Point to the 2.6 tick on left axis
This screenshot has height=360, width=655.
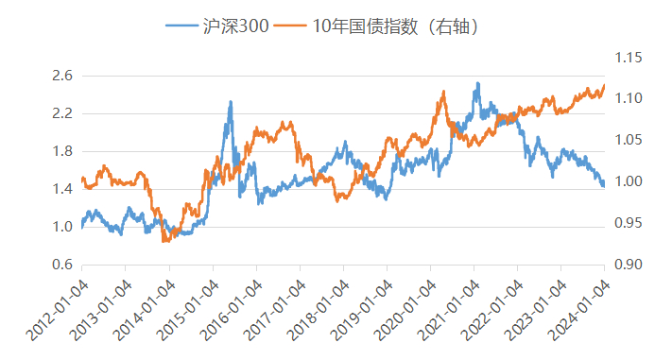(x=63, y=76)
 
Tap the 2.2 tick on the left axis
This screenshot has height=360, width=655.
(x=63, y=113)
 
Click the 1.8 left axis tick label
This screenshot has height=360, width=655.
(x=63, y=151)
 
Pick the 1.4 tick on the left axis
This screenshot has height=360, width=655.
(x=63, y=189)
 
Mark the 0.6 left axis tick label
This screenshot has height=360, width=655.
(x=63, y=265)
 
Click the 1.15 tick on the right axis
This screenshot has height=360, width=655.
(x=628, y=59)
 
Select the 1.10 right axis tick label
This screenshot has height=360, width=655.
(x=628, y=98)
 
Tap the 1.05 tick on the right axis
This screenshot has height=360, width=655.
(x=628, y=140)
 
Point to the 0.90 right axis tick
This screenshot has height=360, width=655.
(x=628, y=265)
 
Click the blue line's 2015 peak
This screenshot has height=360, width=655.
(x=231, y=102)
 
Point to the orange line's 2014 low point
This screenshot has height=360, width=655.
(x=165, y=242)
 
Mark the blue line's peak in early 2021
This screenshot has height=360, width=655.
(x=478, y=83)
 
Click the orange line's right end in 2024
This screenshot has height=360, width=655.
(x=604, y=86)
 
